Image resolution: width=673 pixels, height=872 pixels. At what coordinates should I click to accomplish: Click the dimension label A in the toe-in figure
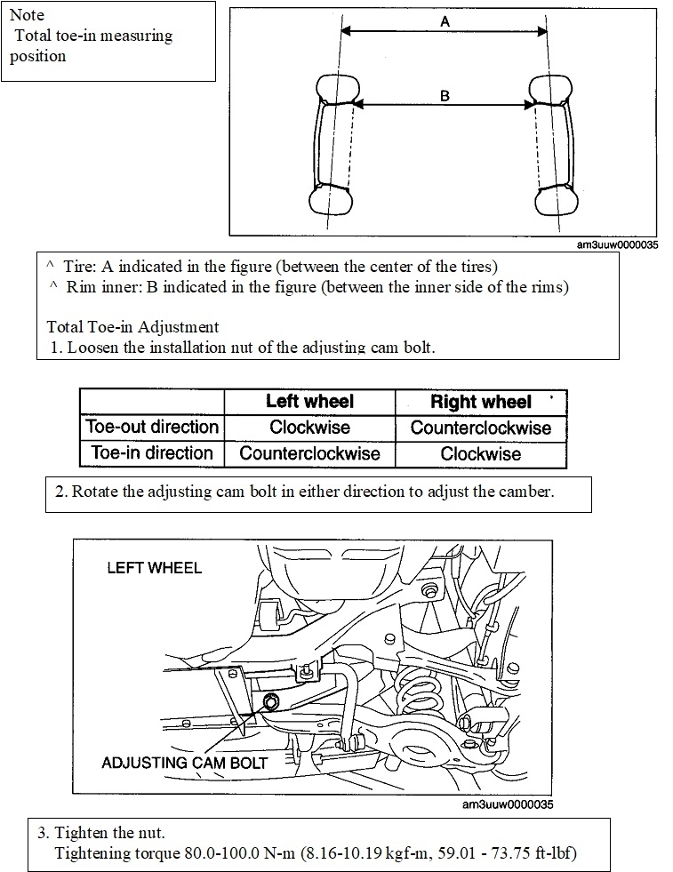tap(445, 23)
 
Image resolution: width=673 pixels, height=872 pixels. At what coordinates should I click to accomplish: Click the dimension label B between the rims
tap(445, 96)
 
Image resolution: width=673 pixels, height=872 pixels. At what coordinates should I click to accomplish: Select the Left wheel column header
tap(309, 402)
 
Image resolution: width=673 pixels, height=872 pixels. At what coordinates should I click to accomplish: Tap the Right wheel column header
tap(481, 402)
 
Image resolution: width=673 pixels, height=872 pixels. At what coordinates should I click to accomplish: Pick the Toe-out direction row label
tap(152, 427)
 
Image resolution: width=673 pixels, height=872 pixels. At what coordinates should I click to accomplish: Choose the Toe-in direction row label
tap(152, 452)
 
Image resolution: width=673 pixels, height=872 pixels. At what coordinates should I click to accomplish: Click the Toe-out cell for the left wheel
tap(309, 428)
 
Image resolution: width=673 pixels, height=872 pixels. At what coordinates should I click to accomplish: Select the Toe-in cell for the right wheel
tap(481, 453)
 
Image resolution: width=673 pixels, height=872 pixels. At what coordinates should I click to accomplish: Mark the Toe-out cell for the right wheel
tap(481, 428)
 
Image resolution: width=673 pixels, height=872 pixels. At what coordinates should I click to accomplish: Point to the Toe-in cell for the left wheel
tap(309, 453)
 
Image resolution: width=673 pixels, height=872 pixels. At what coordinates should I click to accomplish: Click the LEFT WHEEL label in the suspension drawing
tap(154, 567)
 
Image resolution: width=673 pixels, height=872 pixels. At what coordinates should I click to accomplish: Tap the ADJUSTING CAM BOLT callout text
tap(184, 762)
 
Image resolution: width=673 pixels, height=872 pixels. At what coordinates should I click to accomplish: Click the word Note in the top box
tap(27, 15)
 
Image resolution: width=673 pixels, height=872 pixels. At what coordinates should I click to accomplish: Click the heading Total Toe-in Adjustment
tap(132, 327)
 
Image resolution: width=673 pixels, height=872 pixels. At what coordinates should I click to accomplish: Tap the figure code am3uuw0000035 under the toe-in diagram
tap(617, 246)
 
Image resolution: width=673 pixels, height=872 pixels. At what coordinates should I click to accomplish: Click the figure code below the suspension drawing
tap(508, 804)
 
